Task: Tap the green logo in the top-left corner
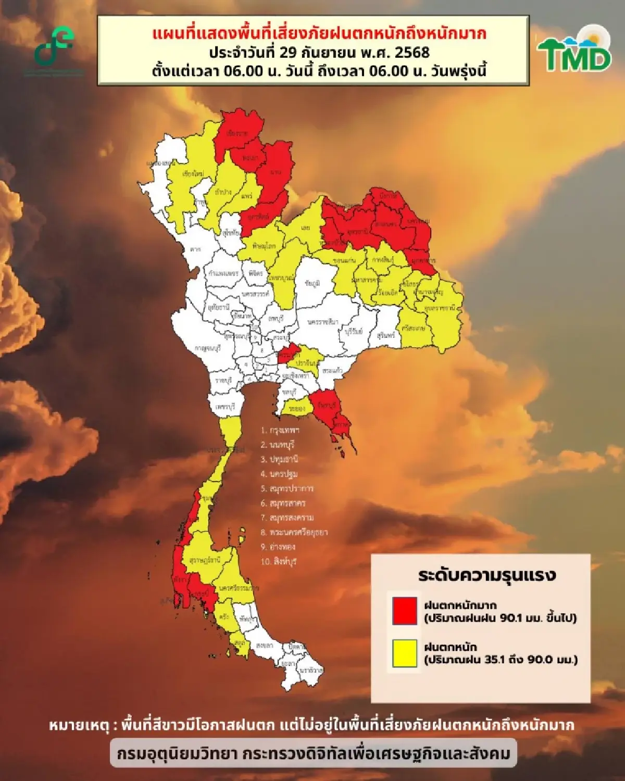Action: [54, 47]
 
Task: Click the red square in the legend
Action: [405, 610]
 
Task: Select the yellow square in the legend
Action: [405, 653]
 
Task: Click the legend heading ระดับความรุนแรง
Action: [487, 575]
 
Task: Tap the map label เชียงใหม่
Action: [193, 173]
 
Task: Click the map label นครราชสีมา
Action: [323, 322]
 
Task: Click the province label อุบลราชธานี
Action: [440, 308]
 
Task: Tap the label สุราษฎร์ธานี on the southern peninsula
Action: [205, 560]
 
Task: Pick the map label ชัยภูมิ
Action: [312, 283]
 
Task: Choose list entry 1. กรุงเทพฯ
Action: [280, 431]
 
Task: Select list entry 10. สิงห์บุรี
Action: [279, 562]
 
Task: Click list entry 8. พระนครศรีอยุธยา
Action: [294, 533]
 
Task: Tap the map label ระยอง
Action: [296, 409]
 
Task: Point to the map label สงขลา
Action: [264, 646]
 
